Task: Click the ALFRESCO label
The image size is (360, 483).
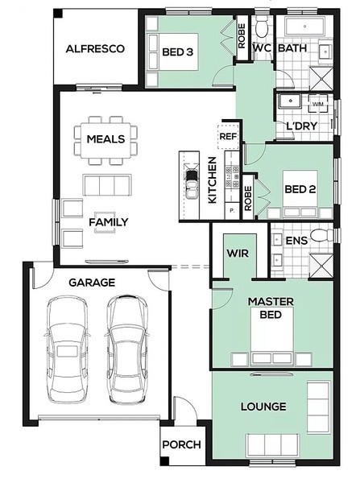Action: pyautogui.click(x=95, y=48)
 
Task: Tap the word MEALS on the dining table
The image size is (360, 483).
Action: pyautogui.click(x=106, y=139)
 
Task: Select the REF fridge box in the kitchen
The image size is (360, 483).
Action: pyautogui.click(x=229, y=136)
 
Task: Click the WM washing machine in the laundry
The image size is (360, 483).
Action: pyautogui.click(x=318, y=104)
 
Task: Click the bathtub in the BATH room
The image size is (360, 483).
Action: pyautogui.click(x=304, y=27)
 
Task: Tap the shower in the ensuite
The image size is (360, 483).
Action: pyautogui.click(x=321, y=266)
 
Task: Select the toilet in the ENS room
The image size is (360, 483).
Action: pyautogui.click(x=321, y=236)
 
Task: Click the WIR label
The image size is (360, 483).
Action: pyautogui.click(x=238, y=254)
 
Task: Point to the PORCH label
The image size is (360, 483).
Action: pyautogui.click(x=181, y=444)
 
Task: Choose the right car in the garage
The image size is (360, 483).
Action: pyautogui.click(x=126, y=349)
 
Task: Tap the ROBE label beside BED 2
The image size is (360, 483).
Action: pyautogui.click(x=248, y=199)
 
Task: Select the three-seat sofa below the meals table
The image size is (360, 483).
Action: pyautogui.click(x=106, y=185)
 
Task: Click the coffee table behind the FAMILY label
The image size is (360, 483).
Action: pyautogui.click(x=106, y=222)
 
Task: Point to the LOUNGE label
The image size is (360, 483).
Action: pyautogui.click(x=263, y=407)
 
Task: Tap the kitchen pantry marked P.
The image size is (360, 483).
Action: pyautogui.click(x=232, y=211)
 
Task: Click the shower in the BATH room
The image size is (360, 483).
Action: pyautogui.click(x=321, y=79)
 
